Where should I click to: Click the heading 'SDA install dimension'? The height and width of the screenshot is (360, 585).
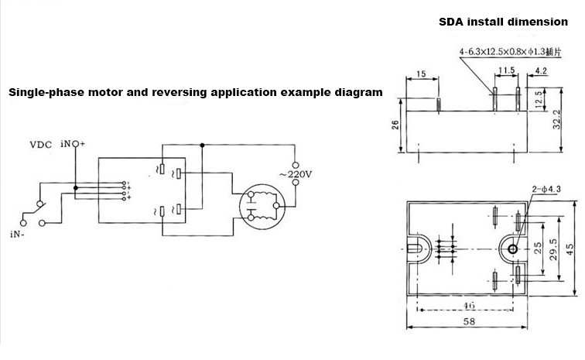[x=493, y=21]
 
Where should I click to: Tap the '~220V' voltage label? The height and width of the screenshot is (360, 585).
[x=295, y=174]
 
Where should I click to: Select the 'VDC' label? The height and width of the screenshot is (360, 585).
[x=41, y=144]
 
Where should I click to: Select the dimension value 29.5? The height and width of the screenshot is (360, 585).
[x=552, y=248]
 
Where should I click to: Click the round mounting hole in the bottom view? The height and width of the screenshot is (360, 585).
[x=510, y=249]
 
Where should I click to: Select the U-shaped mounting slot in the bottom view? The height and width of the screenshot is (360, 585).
[x=414, y=249]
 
